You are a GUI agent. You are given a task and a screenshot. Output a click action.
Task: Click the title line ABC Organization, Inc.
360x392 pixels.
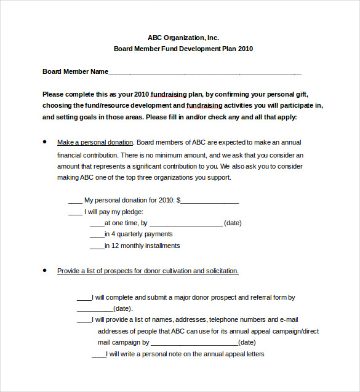183,37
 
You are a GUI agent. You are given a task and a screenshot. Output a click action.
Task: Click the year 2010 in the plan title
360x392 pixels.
246,49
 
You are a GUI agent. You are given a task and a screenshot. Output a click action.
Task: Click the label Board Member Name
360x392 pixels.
75,71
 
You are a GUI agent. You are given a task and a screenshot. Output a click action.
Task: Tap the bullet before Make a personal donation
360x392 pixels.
44,142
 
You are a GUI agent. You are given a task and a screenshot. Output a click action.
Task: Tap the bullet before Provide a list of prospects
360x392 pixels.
44,270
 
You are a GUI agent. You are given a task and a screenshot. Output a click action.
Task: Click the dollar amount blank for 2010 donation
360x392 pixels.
210,201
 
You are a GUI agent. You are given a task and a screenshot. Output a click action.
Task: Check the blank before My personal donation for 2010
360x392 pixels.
74,201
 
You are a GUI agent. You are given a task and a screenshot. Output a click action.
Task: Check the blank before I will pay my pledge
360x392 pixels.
74,212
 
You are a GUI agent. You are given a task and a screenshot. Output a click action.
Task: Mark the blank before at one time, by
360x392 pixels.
97,224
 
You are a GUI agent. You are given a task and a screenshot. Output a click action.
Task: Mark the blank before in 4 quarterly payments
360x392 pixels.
97,235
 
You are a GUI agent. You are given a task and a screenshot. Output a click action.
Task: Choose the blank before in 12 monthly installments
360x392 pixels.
97,247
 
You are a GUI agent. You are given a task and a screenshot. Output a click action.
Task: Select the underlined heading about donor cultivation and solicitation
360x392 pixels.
148,271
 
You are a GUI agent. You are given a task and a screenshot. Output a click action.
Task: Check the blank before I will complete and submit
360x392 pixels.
84,298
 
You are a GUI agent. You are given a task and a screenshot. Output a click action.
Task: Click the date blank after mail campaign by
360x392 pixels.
194,343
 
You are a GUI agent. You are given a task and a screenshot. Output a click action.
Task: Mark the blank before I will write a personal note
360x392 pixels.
98,355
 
